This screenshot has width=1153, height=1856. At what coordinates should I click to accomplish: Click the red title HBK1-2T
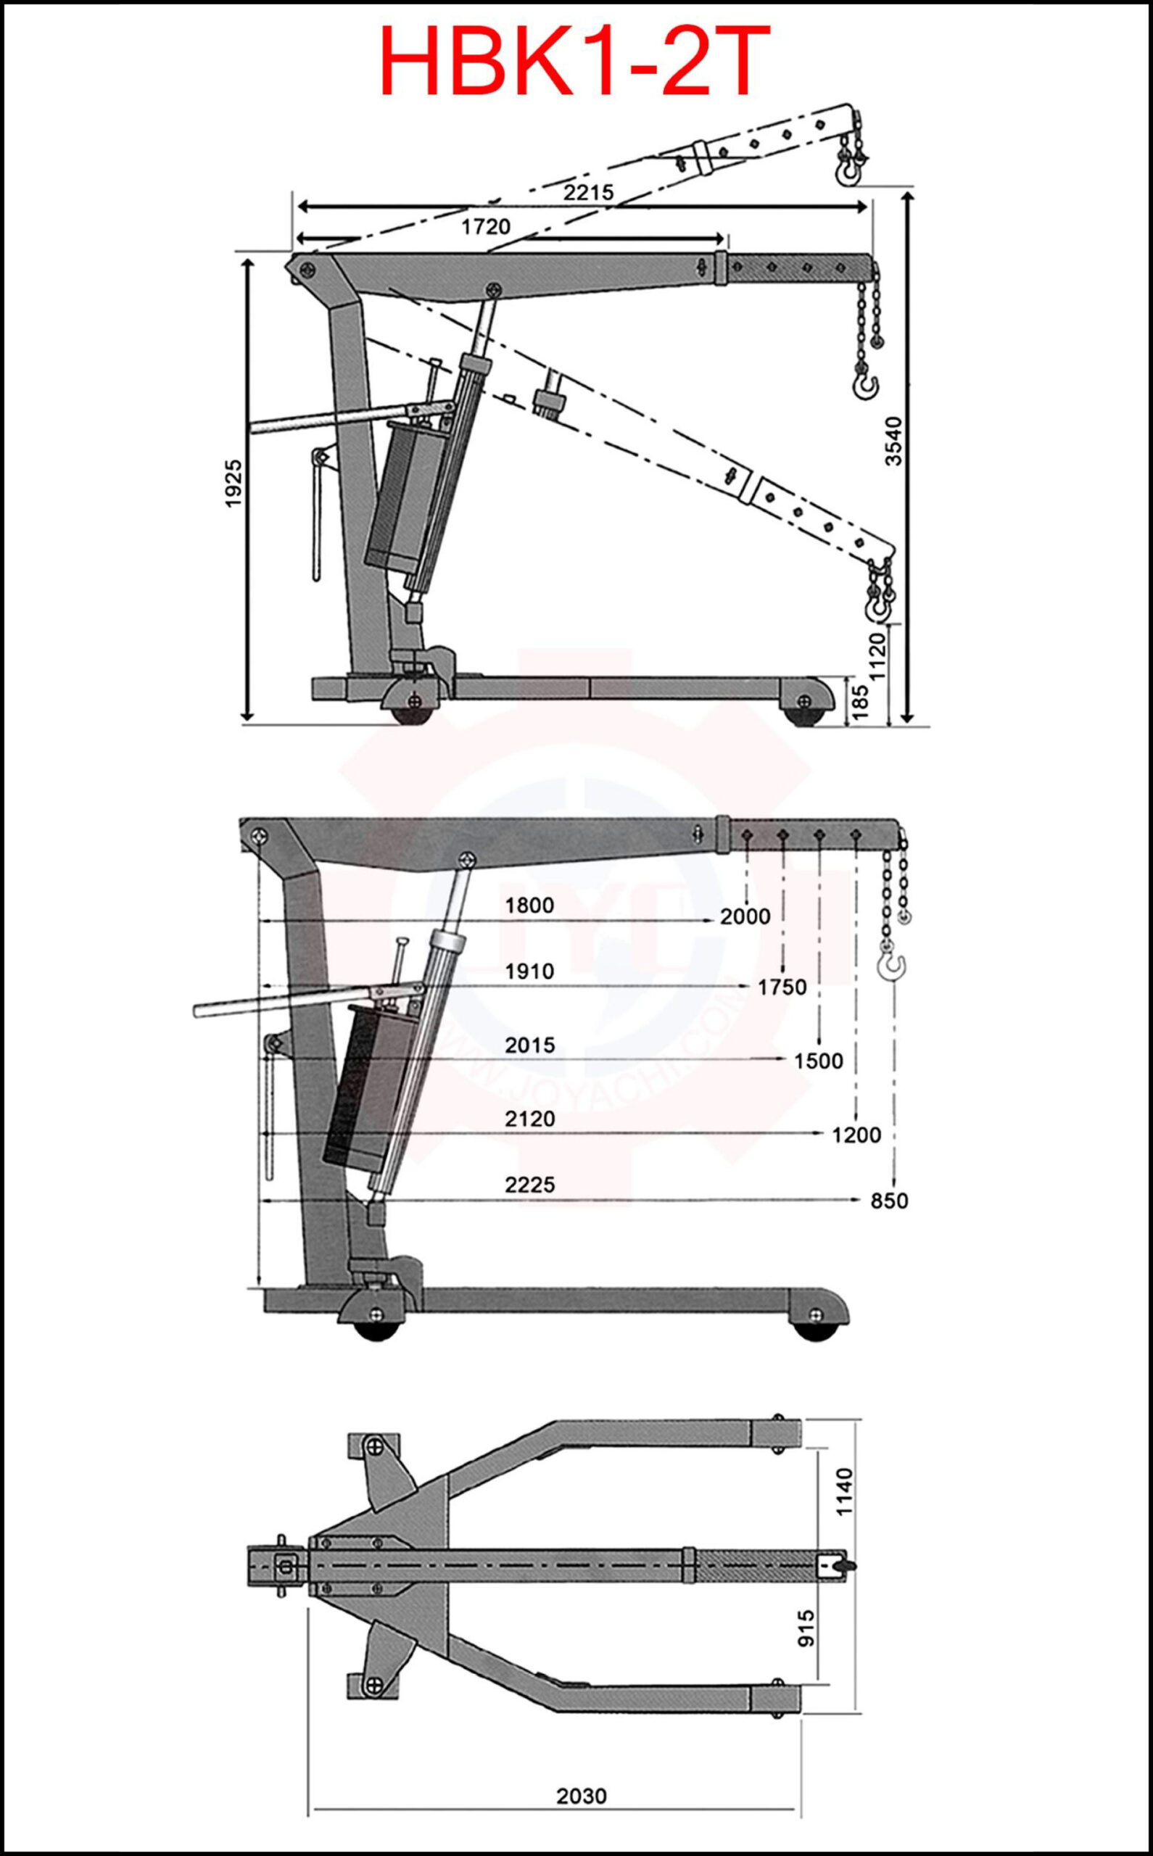[576, 61]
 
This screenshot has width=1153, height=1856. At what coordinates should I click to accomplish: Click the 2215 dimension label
[589, 193]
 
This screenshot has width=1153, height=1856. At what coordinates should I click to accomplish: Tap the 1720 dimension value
[486, 226]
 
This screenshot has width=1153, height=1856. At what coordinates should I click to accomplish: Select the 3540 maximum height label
[893, 441]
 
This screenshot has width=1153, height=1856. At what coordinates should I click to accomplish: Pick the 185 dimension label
[859, 701]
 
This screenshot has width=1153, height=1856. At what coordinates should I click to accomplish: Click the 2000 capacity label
[745, 916]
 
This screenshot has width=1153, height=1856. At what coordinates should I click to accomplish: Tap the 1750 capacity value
[782, 987]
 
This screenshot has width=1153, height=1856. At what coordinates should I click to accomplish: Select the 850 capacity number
[889, 1201]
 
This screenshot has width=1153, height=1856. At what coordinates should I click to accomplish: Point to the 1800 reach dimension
[529, 906]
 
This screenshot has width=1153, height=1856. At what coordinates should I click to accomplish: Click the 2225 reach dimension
[529, 1185]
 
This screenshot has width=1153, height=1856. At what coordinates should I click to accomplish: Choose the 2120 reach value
[529, 1119]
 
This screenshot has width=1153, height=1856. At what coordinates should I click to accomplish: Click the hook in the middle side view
[892, 966]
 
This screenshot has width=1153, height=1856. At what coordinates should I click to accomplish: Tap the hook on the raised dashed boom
[848, 172]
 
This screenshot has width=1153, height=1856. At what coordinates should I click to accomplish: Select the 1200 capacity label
[856, 1135]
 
